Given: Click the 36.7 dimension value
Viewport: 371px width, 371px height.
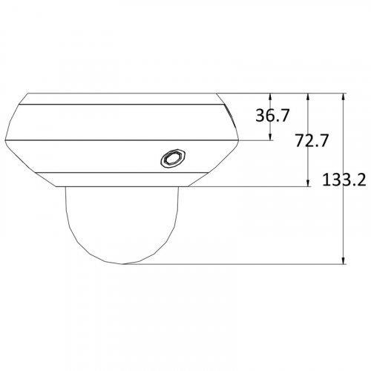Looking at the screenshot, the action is coord(272,115).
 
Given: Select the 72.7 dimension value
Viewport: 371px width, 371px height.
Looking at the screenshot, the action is coord(312,140).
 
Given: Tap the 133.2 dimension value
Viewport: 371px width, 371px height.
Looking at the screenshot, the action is coord(344,180).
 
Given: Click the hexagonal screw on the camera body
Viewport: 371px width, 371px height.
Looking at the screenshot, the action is coord(174,158).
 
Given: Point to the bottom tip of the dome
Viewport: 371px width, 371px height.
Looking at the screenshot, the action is coord(123,264).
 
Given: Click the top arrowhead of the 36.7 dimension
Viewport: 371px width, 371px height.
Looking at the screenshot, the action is coord(270,96).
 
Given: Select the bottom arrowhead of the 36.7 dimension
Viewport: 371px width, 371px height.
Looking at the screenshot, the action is coord(270,137).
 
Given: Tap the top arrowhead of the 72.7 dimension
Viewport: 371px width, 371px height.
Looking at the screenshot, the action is coord(308,96).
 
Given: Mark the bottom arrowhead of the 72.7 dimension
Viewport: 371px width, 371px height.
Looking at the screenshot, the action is coord(308,183).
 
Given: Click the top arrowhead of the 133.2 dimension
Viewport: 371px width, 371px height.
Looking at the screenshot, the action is coord(343,96).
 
